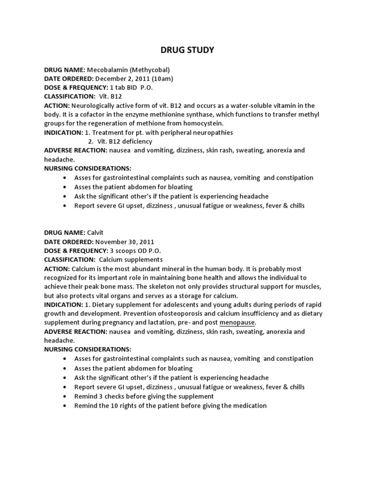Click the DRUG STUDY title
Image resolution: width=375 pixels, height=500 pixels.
tap(187, 50)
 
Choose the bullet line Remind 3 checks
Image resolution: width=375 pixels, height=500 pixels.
tap(144, 396)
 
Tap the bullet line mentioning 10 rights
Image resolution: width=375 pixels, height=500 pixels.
tap(170, 405)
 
